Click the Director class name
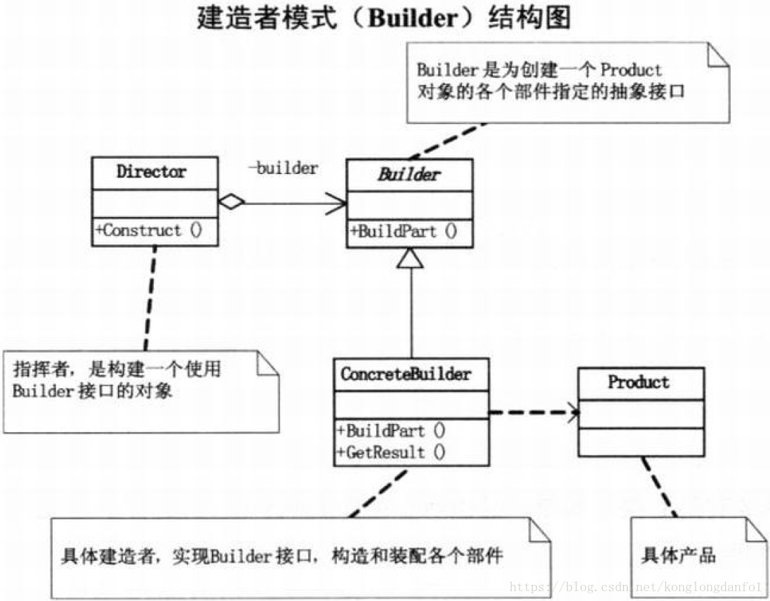(152, 172)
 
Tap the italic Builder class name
(409, 175)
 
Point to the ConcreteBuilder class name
(406, 374)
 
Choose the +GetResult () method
(391, 453)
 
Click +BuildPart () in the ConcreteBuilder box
(391, 430)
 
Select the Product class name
(639, 383)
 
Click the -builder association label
(283, 169)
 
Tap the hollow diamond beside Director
(231, 202)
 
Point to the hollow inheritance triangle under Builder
(411, 260)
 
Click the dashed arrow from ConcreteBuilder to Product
(533, 412)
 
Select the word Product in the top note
(631, 70)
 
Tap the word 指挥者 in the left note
(41, 368)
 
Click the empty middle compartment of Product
(640, 414)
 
